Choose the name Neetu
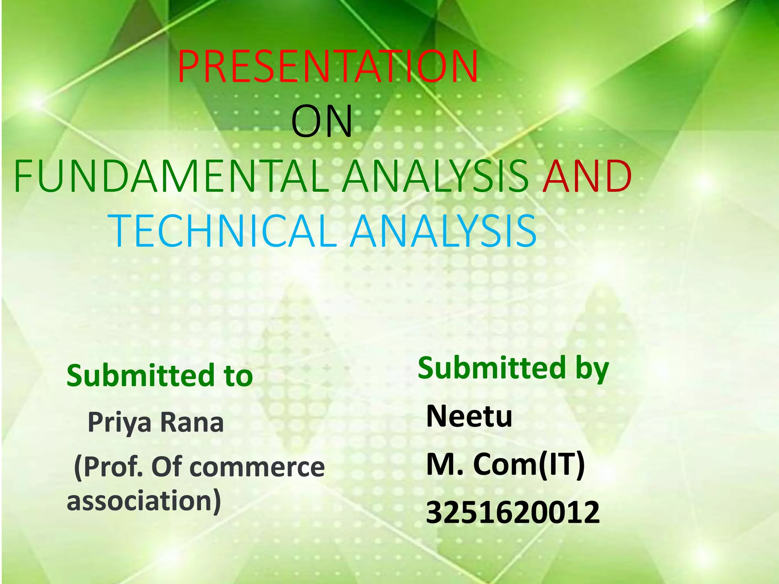469,416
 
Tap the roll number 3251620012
512,513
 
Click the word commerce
257,467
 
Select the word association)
144,500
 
